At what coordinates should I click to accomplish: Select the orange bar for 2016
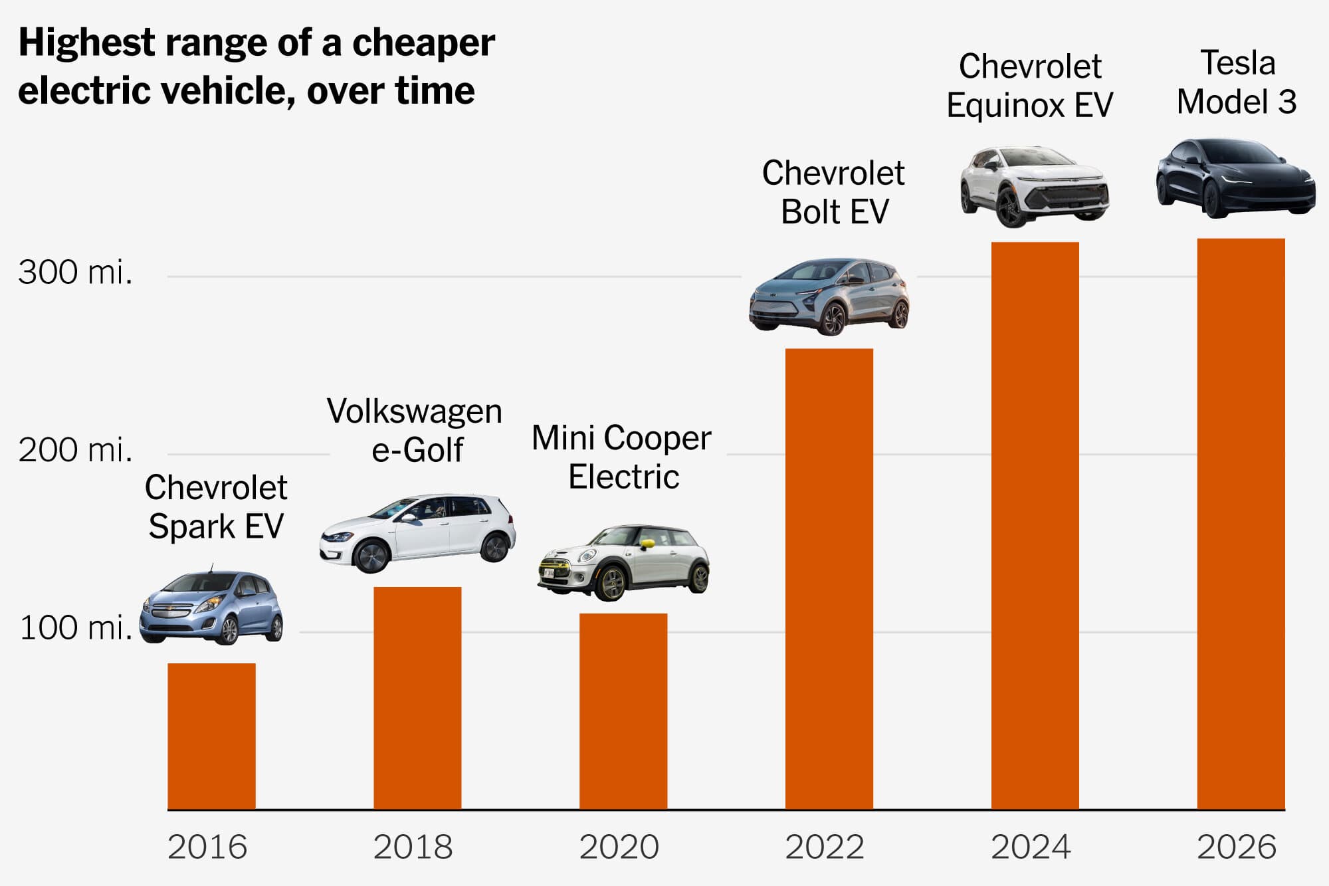point(211,736)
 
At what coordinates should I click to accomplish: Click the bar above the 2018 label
point(417,698)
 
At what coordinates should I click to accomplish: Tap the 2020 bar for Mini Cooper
point(623,711)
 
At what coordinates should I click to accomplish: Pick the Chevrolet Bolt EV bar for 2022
point(829,578)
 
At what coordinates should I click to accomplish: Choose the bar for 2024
point(1035,525)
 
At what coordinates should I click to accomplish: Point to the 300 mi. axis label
point(75,273)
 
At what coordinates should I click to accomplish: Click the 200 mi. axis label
point(75,450)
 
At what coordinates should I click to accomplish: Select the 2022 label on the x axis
point(825,847)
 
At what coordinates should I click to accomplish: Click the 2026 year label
point(1237,847)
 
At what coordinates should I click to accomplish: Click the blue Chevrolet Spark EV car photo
point(211,608)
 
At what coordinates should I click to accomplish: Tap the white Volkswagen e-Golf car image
point(417,532)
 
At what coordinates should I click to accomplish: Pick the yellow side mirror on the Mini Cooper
point(647,544)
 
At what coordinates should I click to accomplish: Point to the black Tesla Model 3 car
point(1236,178)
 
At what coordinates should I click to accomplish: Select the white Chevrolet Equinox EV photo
point(1035,186)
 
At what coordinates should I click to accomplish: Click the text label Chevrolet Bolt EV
point(833,193)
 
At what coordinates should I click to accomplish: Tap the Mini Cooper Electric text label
point(622,457)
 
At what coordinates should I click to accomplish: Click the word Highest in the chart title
point(86,43)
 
